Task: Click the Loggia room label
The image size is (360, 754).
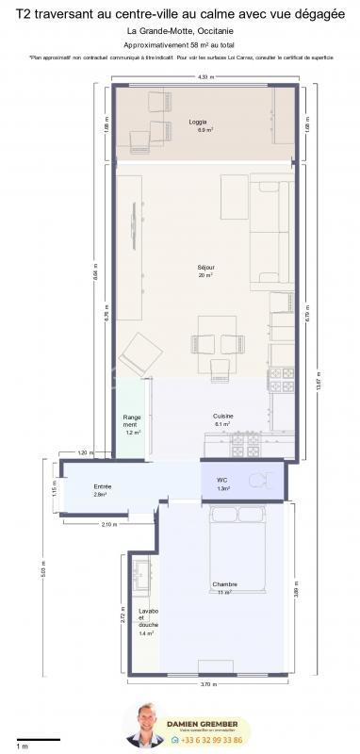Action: (x=198, y=123)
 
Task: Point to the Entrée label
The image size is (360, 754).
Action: (x=102, y=487)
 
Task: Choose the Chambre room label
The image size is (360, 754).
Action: (x=224, y=584)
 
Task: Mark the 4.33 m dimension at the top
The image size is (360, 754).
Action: (x=202, y=77)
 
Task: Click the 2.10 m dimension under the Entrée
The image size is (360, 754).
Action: (x=108, y=524)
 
